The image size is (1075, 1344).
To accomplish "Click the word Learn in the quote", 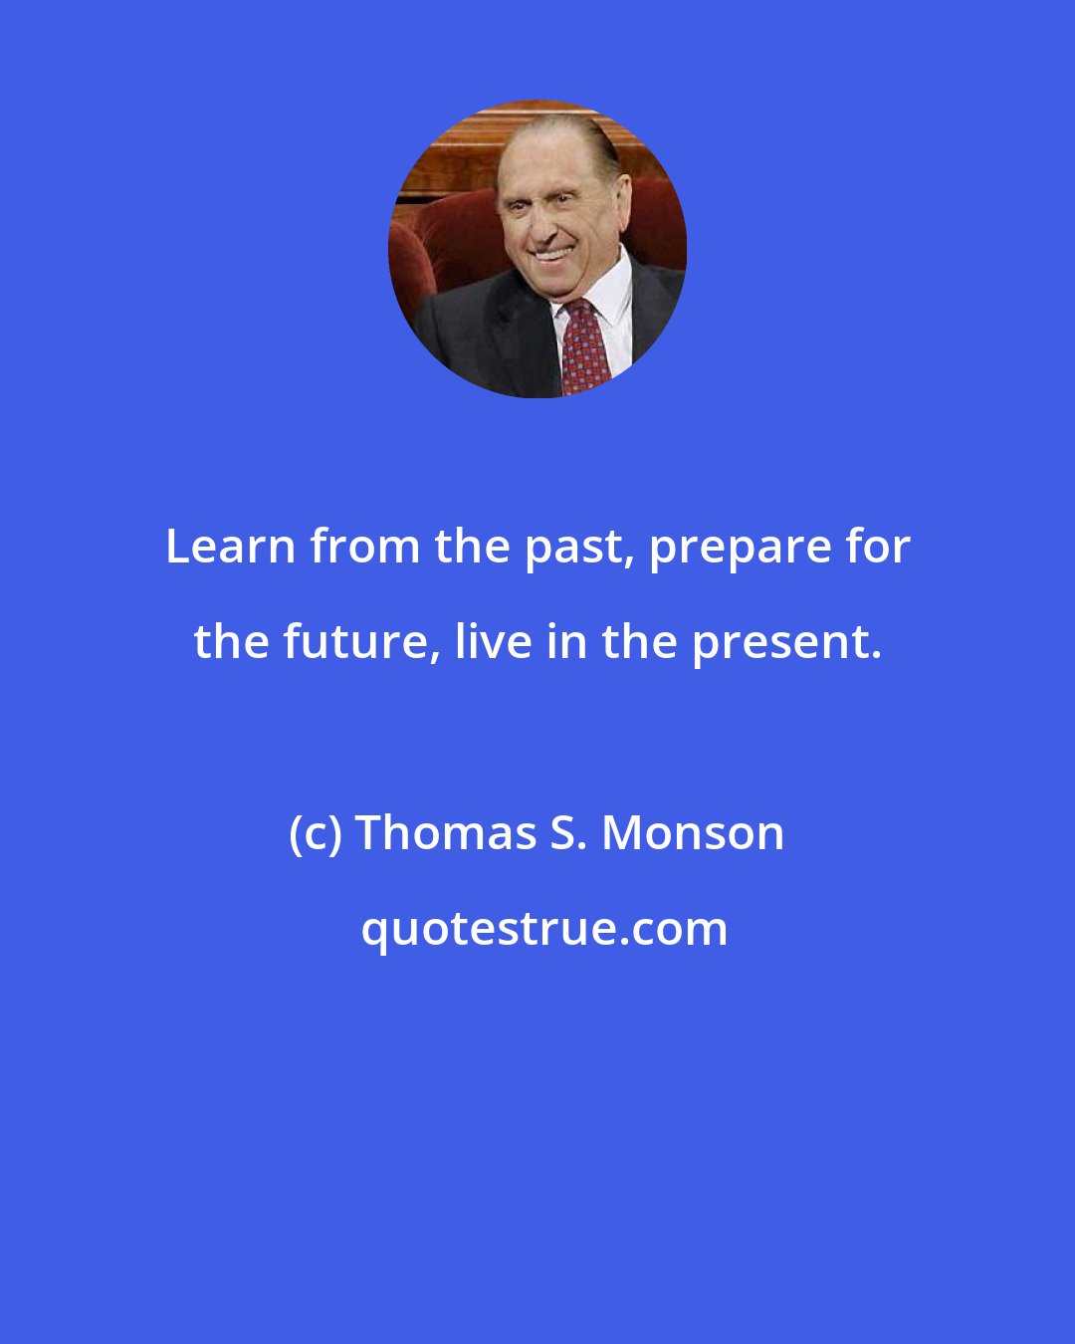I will coord(230,547).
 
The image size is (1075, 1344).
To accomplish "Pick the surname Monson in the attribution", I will coord(693,833).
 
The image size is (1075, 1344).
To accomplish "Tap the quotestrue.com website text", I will coord(543,929).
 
